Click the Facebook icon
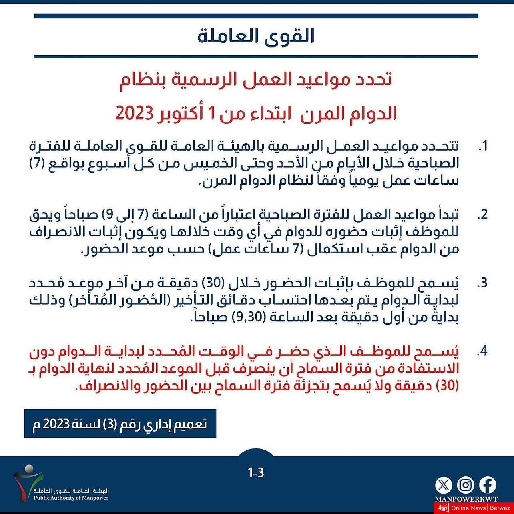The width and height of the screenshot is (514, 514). [x=488, y=485]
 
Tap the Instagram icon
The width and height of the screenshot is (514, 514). [x=466, y=485]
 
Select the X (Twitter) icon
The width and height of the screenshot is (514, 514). [x=444, y=485]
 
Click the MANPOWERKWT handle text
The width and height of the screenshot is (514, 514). [x=466, y=499]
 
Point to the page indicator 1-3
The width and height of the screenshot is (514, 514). [x=256, y=472]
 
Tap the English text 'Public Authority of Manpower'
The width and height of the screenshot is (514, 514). [x=71, y=498]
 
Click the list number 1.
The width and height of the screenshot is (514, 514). [x=483, y=146]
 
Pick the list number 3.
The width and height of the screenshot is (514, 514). [x=482, y=283]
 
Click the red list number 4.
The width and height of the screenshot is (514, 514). [x=482, y=351]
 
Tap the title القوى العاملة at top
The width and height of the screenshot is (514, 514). [x=256, y=36]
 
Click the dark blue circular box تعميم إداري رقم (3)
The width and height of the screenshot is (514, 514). [x=120, y=424]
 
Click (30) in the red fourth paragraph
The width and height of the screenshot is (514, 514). [x=448, y=386]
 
